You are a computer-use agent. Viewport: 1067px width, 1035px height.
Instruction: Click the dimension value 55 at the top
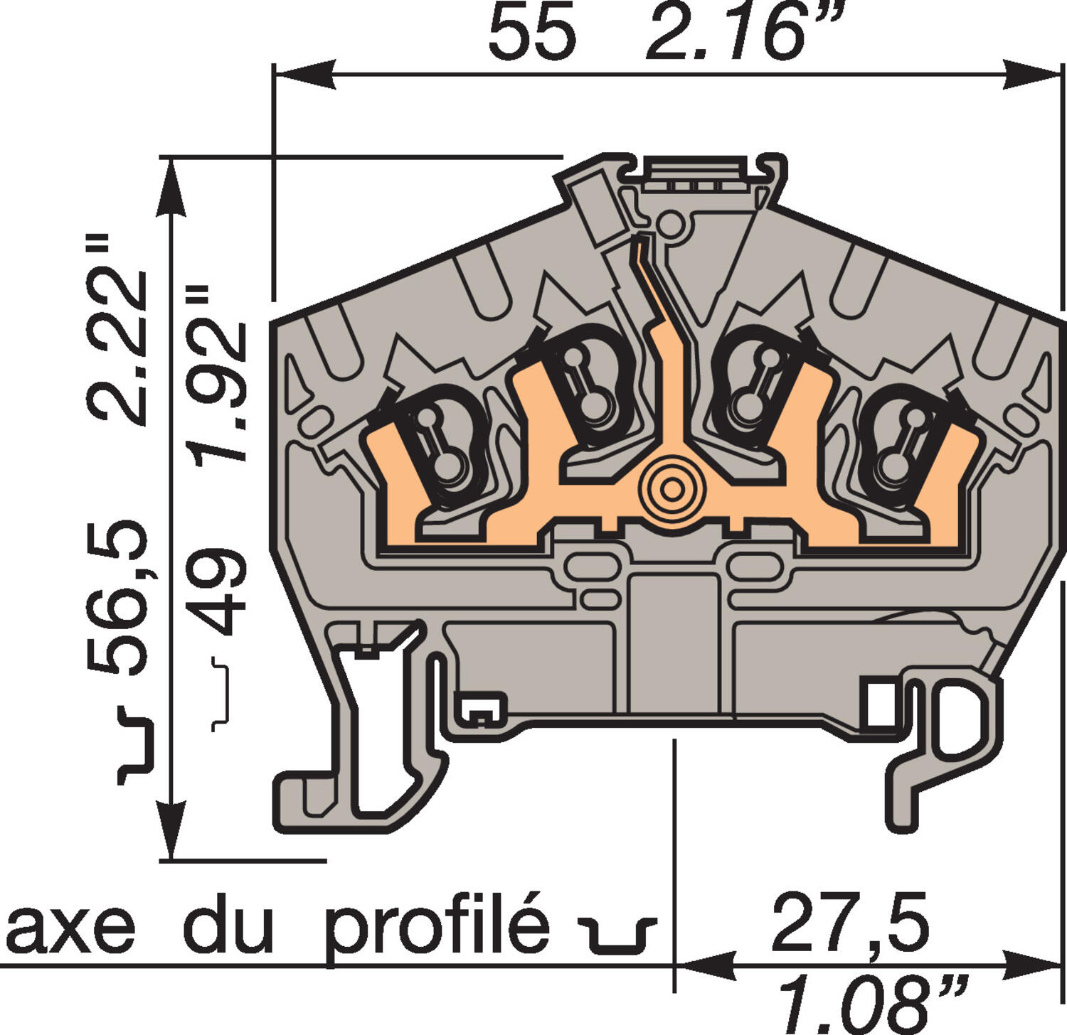click(x=532, y=34)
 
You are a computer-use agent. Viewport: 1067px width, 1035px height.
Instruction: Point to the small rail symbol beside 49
click(x=221, y=695)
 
